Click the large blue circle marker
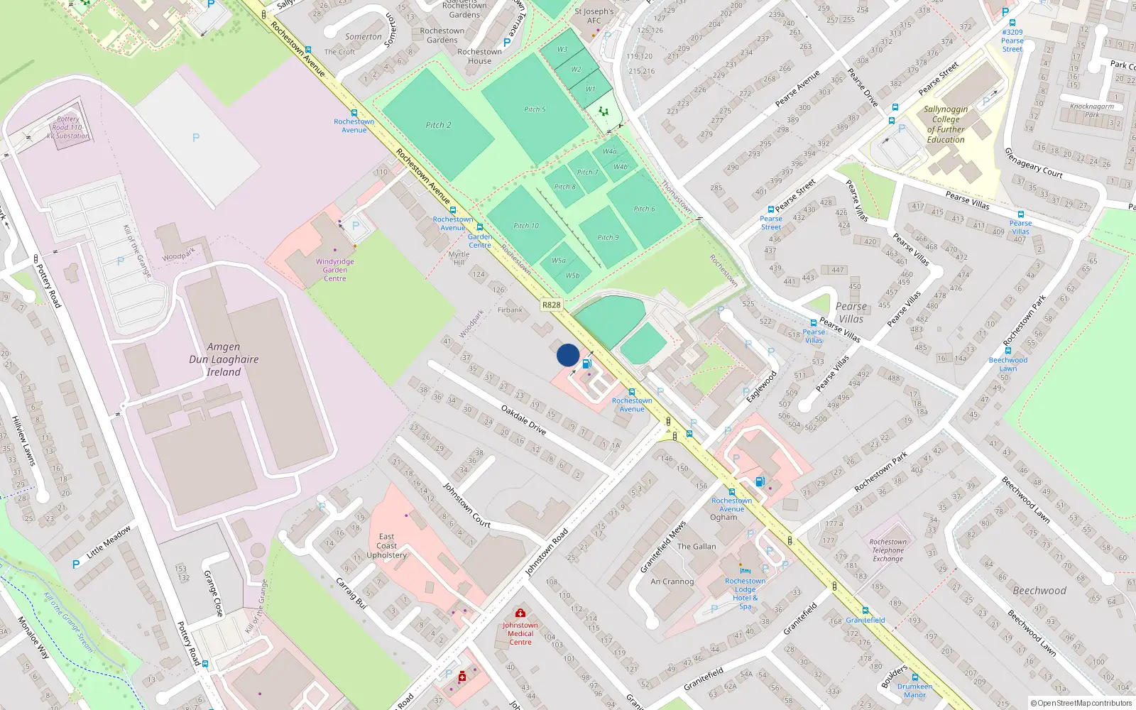point(568,355)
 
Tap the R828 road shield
point(551,305)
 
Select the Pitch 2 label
point(438,125)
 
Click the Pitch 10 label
point(526,226)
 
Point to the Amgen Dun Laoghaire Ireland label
point(224,359)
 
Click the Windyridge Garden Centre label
point(335,270)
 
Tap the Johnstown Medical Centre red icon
point(520,613)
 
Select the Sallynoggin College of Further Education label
point(946,124)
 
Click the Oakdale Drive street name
point(523,420)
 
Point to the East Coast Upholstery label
point(387,546)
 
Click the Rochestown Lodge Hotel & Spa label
point(745,594)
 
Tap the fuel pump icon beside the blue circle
point(587,364)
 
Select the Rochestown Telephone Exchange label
point(888,550)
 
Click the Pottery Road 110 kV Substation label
point(68,128)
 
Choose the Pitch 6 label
point(645,209)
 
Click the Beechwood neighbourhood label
point(1039,591)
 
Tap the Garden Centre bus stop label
point(480,241)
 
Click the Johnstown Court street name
point(466,505)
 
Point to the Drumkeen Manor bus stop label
point(914,690)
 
